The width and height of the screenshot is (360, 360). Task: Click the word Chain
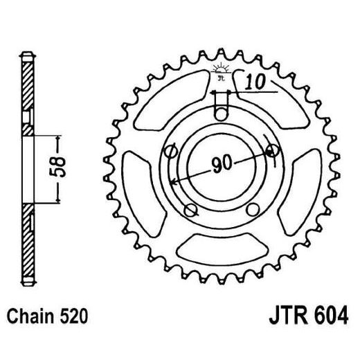(33, 317)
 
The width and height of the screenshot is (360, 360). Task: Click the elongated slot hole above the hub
(221, 110)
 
